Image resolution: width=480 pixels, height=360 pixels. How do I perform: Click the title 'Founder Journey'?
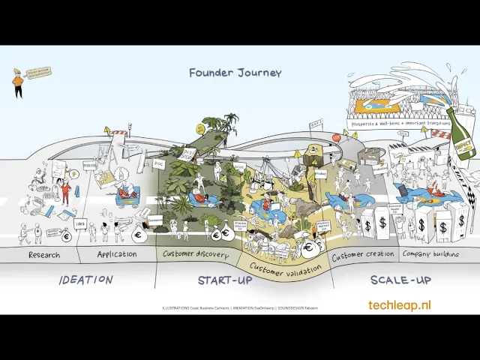(235, 73)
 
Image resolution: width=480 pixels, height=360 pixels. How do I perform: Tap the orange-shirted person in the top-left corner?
(17, 82)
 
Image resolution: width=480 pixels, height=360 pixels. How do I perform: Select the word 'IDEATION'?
(86, 280)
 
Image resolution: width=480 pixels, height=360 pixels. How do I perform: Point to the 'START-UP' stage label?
(225, 280)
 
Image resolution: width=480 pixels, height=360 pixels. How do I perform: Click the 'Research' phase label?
(44, 255)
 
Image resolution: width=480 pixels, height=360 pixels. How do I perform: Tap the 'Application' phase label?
(117, 254)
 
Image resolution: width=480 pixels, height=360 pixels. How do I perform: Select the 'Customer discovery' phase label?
(197, 253)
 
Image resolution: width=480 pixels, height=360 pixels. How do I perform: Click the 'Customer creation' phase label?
(363, 254)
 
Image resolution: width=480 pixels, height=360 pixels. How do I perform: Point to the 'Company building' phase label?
(430, 254)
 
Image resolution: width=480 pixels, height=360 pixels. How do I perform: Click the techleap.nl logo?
(400, 305)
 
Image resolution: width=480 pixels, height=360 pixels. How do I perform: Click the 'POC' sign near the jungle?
(158, 162)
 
